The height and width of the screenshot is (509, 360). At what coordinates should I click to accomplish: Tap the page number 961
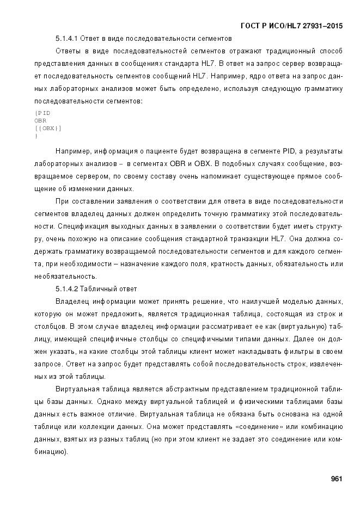click(336, 479)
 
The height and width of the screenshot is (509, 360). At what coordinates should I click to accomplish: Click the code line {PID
click(42, 113)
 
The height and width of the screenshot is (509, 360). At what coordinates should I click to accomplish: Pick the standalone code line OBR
click(40, 120)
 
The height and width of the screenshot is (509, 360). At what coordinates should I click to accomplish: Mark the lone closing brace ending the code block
click(35, 136)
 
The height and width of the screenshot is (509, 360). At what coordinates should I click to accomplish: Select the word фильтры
click(289, 351)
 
